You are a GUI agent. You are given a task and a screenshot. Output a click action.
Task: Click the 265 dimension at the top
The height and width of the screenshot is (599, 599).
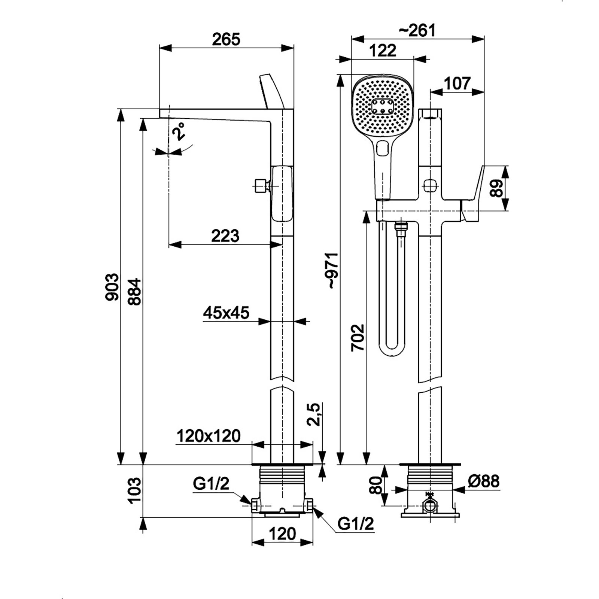coord(226,39)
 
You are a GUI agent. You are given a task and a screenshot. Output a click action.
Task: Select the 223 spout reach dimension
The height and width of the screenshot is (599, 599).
coord(225,236)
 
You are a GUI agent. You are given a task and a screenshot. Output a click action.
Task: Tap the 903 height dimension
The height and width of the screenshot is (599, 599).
coord(112,287)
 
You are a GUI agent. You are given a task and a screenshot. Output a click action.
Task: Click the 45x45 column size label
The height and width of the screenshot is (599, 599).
coord(226,313)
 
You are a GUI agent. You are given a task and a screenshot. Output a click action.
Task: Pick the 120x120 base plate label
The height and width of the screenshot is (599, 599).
coord(208,436)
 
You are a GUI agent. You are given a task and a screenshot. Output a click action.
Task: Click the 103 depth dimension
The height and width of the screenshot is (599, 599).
coord(134,490)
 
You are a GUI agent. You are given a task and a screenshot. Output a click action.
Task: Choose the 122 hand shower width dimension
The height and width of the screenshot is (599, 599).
coord(382,51)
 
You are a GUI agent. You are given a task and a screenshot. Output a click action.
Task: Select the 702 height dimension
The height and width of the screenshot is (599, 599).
coord(358,337)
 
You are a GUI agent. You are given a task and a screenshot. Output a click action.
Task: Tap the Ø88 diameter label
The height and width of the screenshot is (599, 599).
coord(483,481)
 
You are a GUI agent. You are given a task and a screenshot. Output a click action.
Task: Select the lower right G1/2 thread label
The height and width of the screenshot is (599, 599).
coord(355,524)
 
